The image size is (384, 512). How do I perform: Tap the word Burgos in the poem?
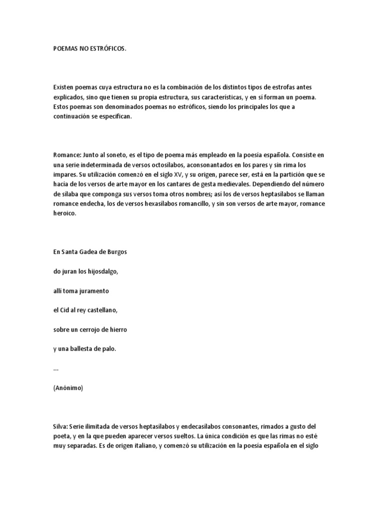pyautogui.click(x=116, y=252)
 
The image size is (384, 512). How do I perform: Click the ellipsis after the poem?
pyautogui.click(x=55, y=368)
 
